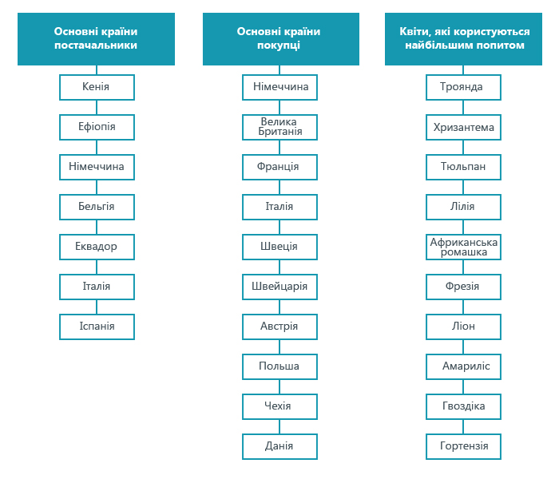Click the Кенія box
97,87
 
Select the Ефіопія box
97,127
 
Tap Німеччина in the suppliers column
97,167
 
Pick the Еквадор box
97,247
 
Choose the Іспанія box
97,327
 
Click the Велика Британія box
279,127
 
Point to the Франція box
279,167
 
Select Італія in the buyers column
279,207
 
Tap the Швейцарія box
279,287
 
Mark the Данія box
279,446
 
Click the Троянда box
463,87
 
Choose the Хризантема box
463,127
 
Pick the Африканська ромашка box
463,247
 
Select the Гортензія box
463,446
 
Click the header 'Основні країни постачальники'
97,39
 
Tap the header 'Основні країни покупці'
281,39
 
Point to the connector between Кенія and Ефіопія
97,107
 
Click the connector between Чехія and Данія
279,426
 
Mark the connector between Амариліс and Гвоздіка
463,386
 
